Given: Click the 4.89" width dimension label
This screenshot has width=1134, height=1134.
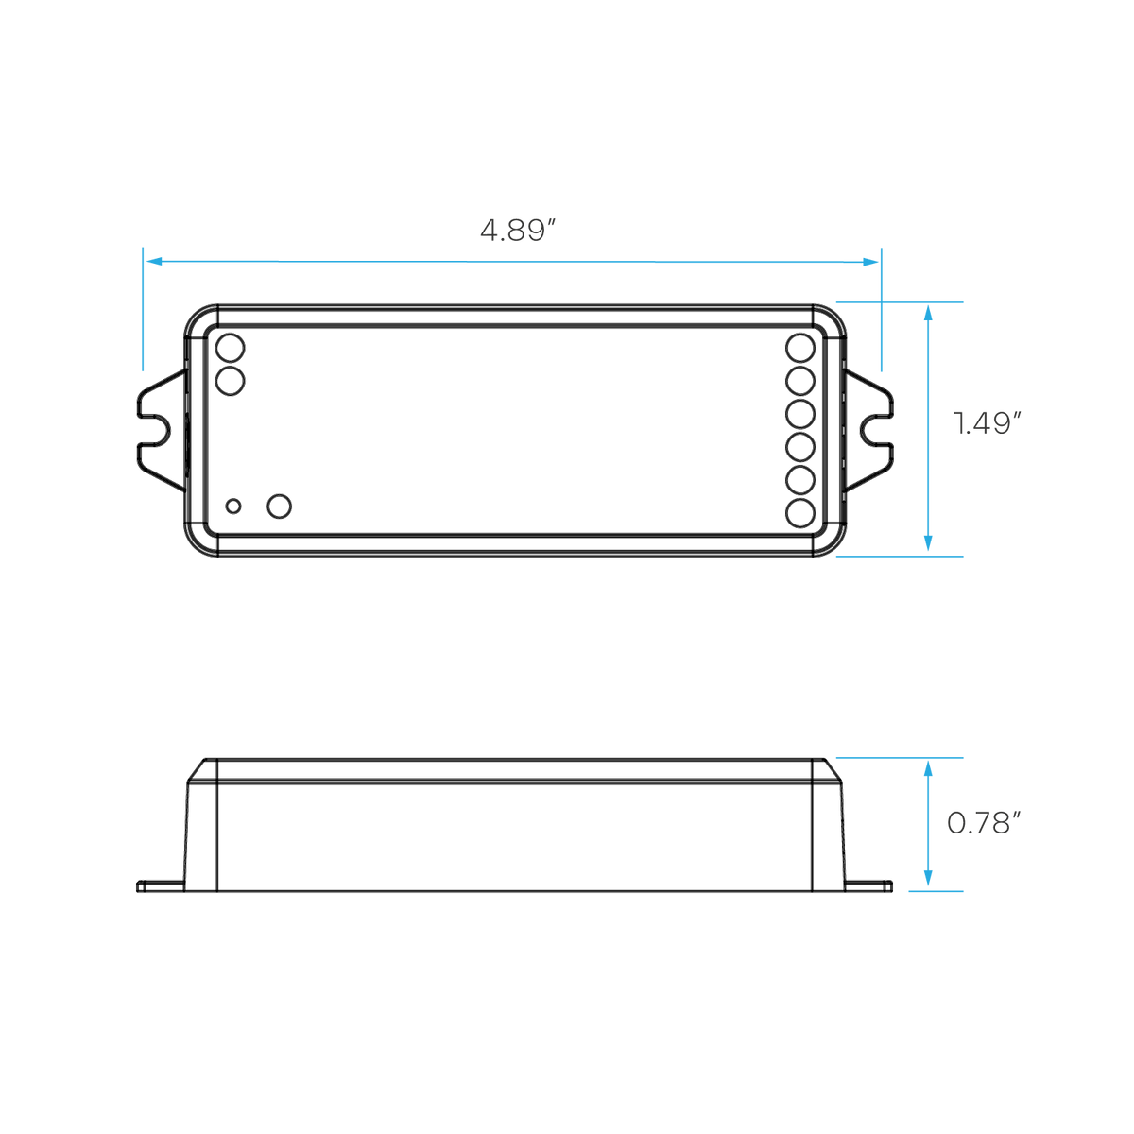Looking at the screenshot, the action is point(518,230).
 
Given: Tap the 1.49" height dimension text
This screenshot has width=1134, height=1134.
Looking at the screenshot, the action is point(987,423).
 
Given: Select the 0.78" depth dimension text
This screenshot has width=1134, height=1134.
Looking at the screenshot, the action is point(984,823).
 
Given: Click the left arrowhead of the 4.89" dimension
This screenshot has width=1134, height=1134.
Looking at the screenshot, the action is point(154,261).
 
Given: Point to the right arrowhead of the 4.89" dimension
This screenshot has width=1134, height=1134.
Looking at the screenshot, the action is point(870,262).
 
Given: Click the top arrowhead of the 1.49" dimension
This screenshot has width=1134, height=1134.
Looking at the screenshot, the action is point(928,313).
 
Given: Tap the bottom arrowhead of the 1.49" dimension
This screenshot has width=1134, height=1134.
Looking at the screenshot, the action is point(928,543).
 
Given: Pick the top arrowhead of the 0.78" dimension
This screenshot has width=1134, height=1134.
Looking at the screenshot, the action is point(928,768).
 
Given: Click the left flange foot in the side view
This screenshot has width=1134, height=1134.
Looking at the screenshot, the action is point(160,885).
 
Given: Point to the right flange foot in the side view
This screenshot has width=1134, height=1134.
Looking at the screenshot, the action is point(868,885).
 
